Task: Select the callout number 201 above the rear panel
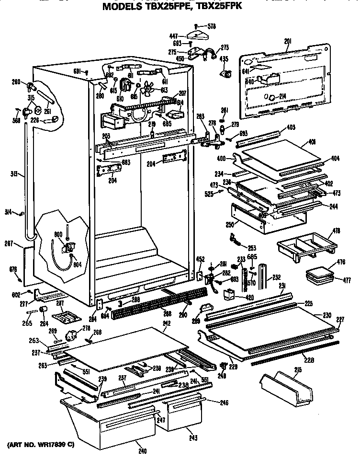click(287, 42)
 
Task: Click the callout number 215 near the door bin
click(298, 370)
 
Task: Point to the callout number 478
click(337, 231)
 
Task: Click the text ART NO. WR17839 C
click(40, 445)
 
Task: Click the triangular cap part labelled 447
click(196, 35)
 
